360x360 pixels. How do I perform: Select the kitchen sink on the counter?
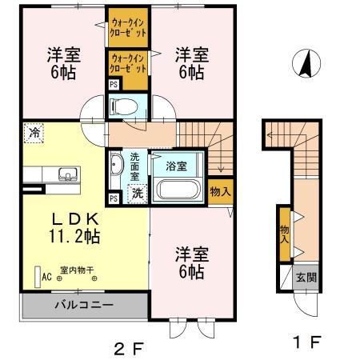[66, 174]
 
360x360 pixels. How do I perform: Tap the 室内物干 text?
[77, 270]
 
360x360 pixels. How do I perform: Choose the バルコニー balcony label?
[83, 306]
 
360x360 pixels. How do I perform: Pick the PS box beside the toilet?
[113, 83]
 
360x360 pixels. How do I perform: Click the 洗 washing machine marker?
[138, 193]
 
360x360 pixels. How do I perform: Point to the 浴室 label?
[176, 167]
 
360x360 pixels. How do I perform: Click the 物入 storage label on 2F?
[220, 190]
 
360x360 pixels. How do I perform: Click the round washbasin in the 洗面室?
[116, 166]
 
